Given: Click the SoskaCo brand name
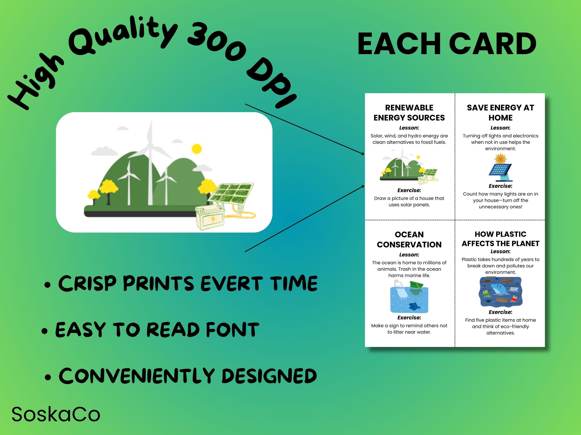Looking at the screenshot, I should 56,414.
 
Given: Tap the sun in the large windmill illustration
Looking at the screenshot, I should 196,149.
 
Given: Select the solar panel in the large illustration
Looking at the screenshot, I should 231,194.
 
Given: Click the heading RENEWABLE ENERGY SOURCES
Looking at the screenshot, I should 409,113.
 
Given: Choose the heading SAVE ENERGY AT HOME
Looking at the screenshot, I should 500,113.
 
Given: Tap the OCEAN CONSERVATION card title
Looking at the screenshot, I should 409,239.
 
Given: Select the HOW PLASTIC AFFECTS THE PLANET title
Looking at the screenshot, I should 500,239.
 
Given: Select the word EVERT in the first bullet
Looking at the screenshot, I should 231,283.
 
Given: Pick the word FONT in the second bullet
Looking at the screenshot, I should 232,330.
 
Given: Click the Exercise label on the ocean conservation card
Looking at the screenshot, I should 409,317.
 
